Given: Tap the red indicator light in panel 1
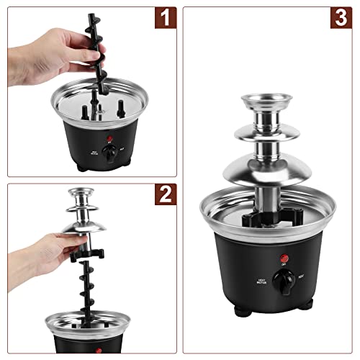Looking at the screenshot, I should (109, 140).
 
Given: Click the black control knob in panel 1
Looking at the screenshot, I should (109, 153).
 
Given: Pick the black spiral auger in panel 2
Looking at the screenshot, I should (89, 288).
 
